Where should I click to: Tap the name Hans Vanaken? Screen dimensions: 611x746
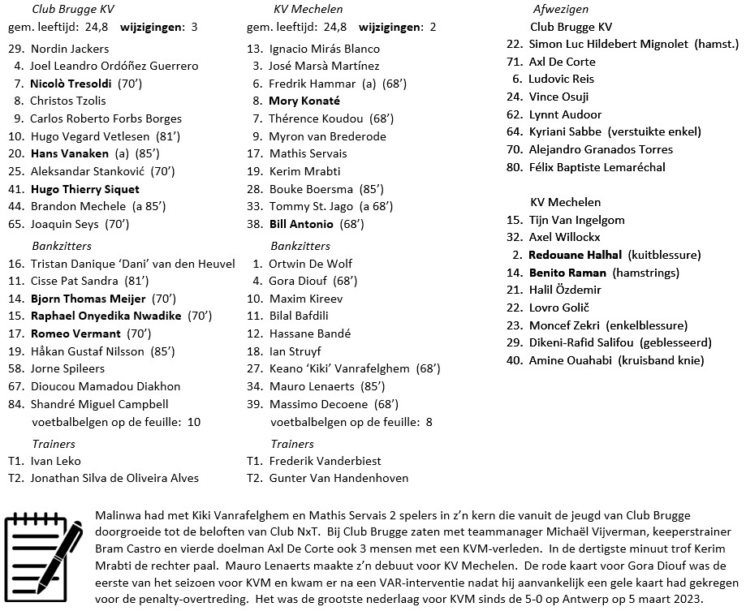point(69,153)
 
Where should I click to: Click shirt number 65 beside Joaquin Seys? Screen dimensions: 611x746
point(15,224)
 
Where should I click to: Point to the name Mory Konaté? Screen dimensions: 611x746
point(304,101)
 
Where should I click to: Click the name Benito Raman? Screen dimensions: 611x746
point(567,273)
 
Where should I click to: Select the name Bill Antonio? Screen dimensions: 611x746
point(301,224)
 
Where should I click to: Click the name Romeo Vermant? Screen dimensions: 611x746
point(75,333)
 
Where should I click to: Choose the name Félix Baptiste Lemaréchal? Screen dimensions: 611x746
point(597,167)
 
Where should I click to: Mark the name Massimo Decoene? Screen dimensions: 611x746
point(317,404)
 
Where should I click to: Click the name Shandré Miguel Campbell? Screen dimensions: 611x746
point(99,404)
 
